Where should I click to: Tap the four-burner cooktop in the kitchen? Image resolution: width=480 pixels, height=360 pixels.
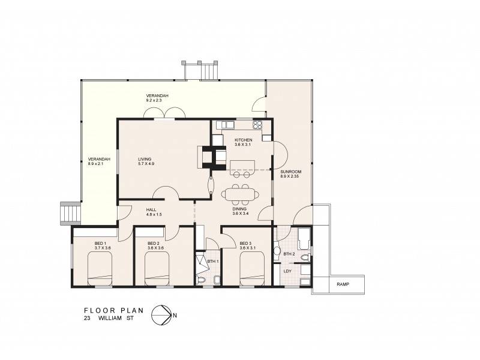(x=257, y=125)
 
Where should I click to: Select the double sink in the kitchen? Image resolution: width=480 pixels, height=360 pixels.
(x=227, y=125)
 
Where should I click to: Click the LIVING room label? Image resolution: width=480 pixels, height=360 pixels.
(x=146, y=161)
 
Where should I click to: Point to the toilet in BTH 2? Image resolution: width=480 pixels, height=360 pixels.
(x=305, y=257)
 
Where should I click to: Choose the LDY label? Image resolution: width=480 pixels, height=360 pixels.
(x=287, y=271)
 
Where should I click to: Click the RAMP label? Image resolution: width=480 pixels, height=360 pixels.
(x=343, y=284)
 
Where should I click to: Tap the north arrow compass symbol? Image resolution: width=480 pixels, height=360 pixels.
(x=160, y=314)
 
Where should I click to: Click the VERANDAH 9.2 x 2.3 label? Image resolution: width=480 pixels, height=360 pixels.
(x=155, y=98)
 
